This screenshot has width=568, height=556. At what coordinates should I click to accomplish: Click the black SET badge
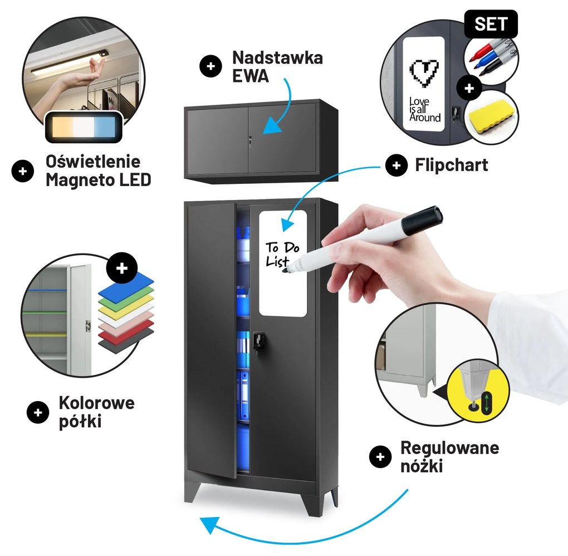point(491,24)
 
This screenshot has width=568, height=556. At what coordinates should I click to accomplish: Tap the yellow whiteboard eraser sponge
point(491,116)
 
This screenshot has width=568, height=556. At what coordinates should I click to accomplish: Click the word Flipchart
point(452,165)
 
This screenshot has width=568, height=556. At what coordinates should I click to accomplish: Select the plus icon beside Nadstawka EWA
point(210,66)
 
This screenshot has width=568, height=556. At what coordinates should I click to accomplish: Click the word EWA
point(251,76)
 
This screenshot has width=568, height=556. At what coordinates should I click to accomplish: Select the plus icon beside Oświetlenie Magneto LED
point(22,171)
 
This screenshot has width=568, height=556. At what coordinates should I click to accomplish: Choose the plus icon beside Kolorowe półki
point(38,412)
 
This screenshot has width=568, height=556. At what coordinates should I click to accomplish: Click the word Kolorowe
point(97,403)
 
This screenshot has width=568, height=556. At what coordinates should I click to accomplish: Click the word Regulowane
point(449,448)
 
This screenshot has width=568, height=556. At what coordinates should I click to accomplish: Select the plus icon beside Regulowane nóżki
point(380,457)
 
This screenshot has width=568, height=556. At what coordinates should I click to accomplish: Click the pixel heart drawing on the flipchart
point(424,73)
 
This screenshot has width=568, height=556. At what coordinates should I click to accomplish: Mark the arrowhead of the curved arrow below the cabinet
point(208,525)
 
